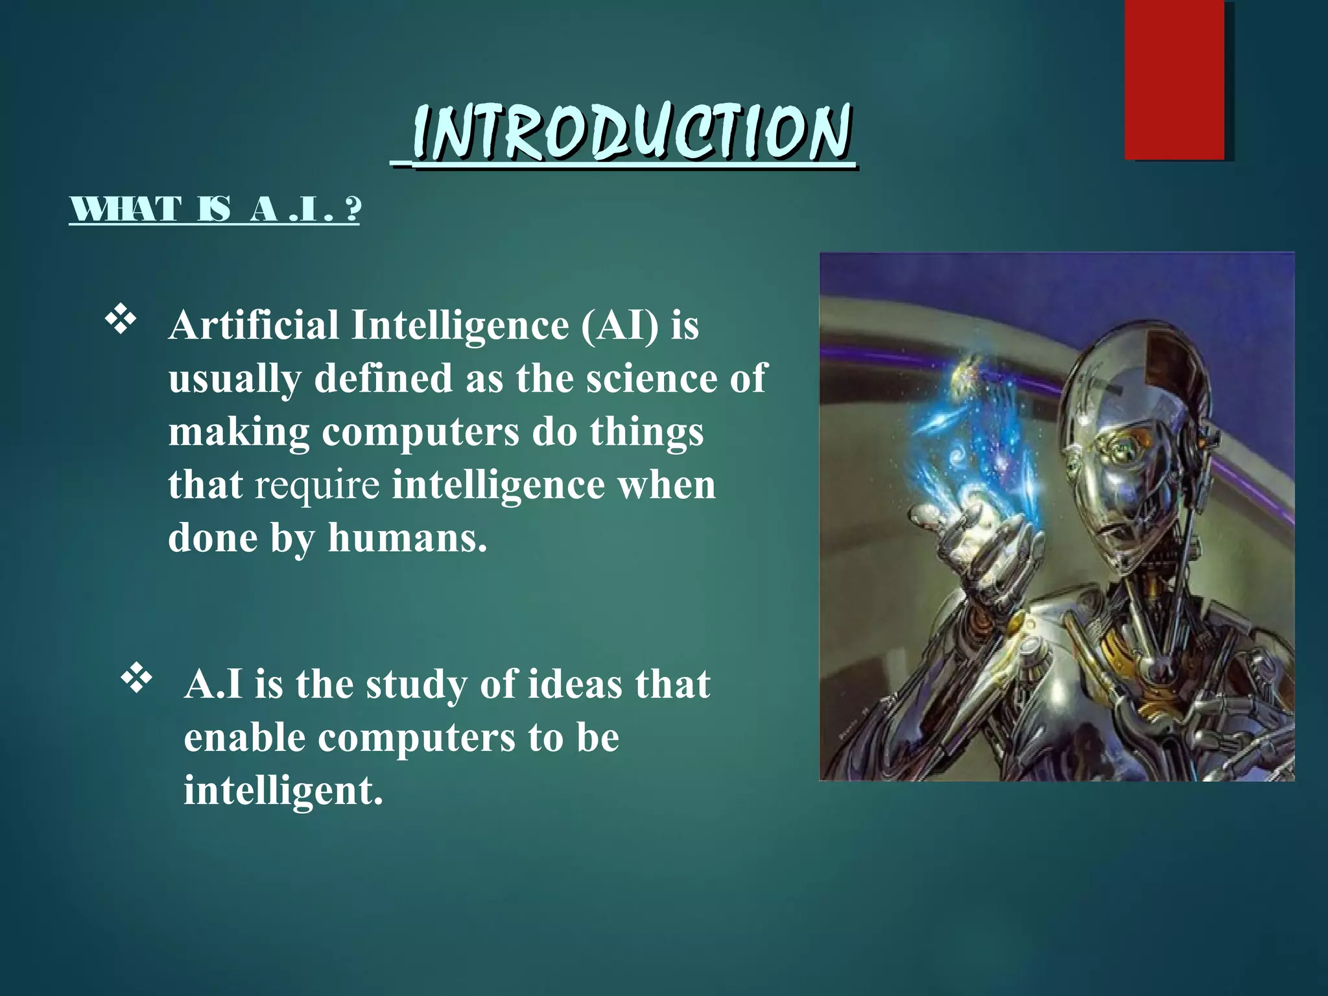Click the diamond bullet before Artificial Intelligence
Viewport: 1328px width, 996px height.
(x=121, y=321)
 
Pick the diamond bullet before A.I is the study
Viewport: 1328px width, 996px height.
(x=136, y=680)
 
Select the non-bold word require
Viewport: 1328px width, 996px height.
(x=316, y=485)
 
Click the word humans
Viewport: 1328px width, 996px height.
(x=407, y=538)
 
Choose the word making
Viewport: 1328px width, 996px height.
(x=239, y=433)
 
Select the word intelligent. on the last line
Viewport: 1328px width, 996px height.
(x=283, y=791)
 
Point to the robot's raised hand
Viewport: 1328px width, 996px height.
(x=973, y=532)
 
